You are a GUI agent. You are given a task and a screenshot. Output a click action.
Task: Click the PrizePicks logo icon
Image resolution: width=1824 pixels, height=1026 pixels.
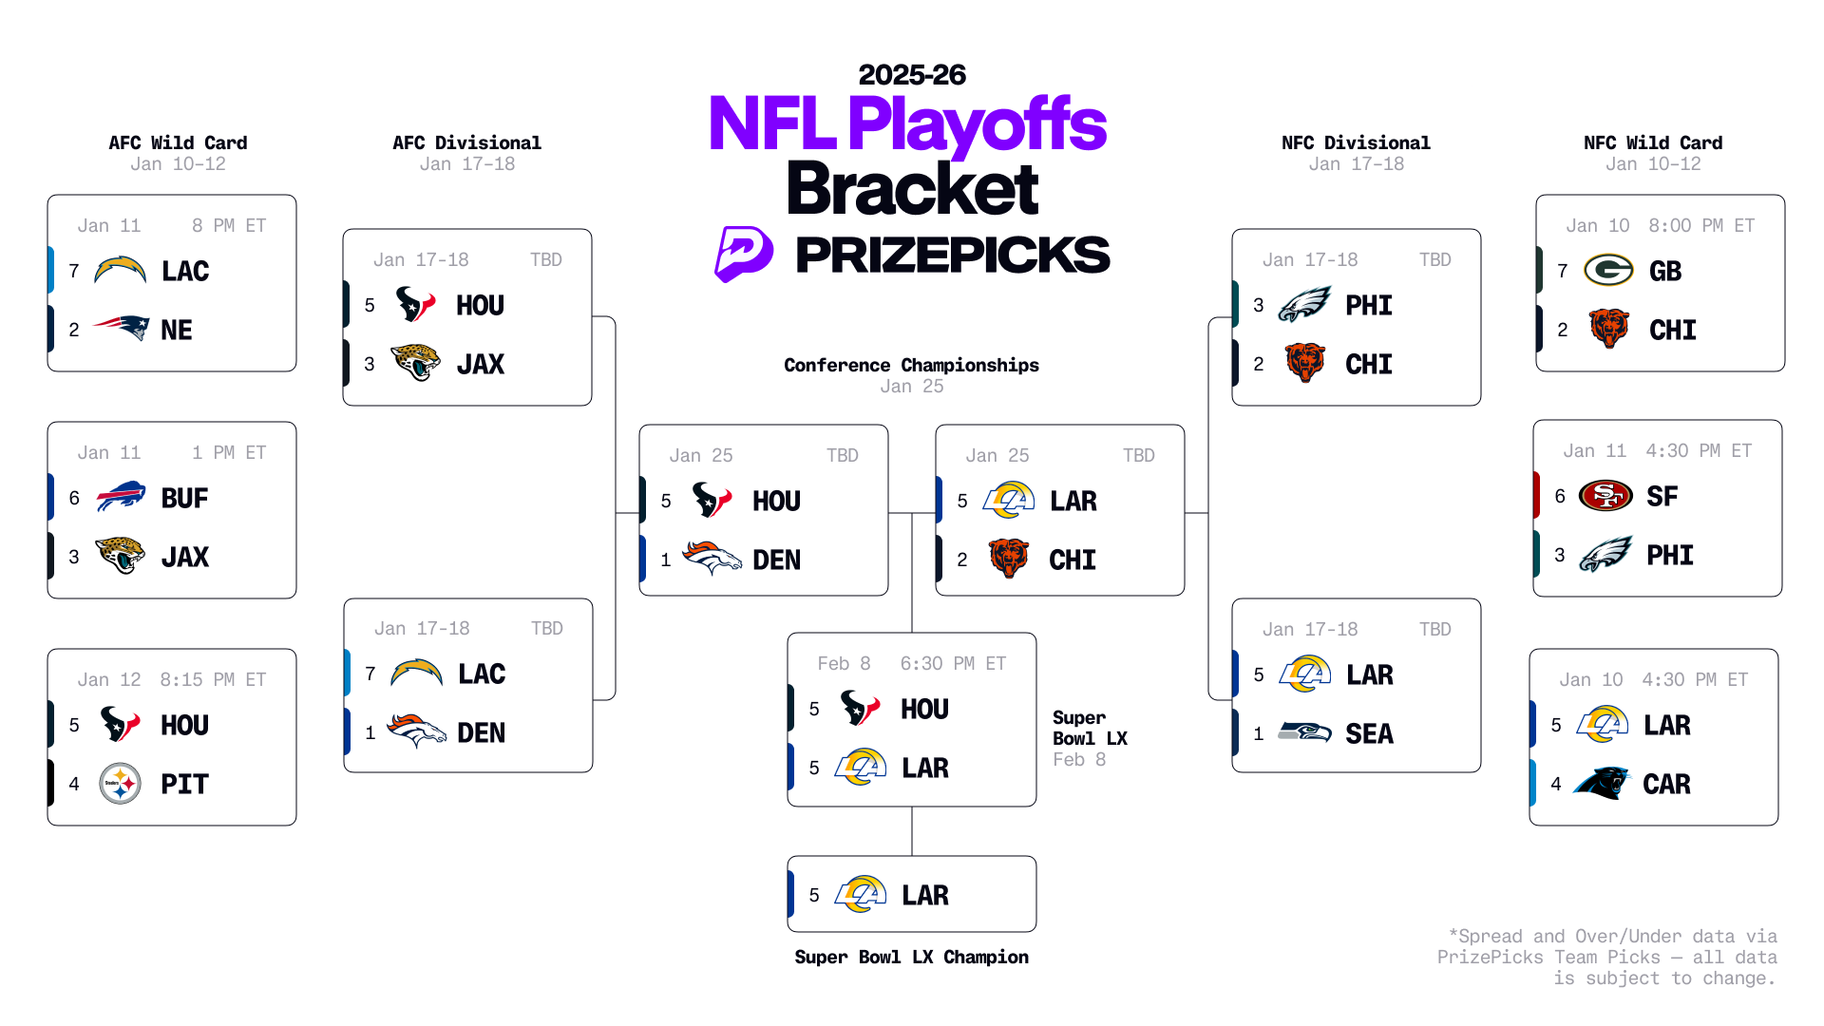point(743,254)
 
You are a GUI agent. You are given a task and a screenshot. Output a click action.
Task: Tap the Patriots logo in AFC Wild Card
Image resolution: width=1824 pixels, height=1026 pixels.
point(122,329)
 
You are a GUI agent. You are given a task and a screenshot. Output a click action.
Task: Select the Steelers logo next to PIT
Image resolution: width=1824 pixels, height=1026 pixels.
point(121,784)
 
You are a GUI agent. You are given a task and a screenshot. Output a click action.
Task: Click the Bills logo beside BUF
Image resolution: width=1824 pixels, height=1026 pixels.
point(121,497)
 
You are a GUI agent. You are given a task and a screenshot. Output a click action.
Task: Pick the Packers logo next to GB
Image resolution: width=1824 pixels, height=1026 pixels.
point(1608,271)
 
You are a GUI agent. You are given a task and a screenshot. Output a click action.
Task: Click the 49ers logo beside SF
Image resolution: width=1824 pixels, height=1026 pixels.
point(1605,495)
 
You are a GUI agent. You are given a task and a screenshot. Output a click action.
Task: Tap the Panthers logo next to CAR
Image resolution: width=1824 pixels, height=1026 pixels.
point(1603,784)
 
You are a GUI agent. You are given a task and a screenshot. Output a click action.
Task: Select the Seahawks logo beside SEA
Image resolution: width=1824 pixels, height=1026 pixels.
point(1304,732)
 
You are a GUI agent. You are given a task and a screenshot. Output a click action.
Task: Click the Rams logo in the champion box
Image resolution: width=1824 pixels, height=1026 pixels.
point(861,894)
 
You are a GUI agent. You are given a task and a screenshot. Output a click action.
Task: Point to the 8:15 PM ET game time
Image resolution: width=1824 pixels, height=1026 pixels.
point(213,679)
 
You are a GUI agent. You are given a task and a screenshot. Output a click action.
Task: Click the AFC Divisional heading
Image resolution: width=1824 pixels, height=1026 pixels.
point(466,142)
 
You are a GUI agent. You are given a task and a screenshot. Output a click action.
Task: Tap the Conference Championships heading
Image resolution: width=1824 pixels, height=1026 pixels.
point(911,365)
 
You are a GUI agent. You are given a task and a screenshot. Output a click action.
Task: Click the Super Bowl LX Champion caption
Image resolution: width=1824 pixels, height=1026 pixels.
point(911,957)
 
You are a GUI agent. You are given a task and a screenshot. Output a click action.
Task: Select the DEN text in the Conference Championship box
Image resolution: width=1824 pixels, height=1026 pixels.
point(776,560)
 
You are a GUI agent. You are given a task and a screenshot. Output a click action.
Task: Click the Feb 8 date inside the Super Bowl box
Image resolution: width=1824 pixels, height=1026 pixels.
point(844,663)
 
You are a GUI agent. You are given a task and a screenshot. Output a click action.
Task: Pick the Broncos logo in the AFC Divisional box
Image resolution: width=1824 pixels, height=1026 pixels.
point(416,731)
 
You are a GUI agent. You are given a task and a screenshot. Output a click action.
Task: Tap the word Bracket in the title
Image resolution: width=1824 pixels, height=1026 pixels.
point(912,189)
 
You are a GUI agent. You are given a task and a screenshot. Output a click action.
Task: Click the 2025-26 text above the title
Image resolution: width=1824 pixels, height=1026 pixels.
point(911,75)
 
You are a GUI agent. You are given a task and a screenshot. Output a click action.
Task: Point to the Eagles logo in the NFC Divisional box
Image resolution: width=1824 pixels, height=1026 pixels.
point(1304,305)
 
